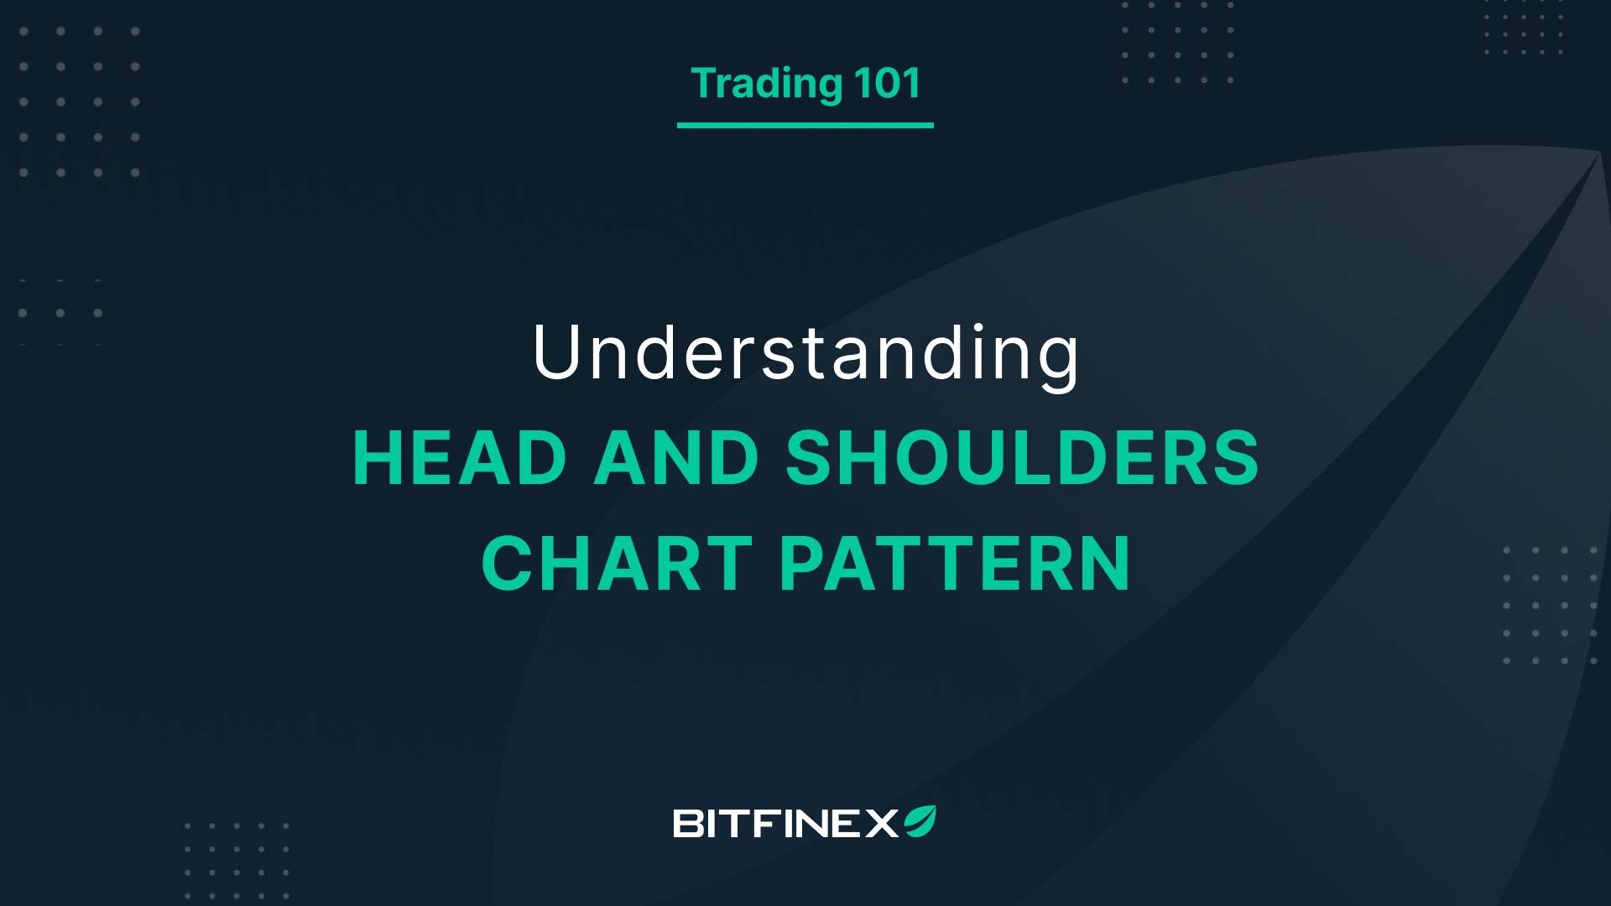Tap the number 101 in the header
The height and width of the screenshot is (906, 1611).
[x=887, y=83]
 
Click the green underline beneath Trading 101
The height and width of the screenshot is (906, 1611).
[x=805, y=125]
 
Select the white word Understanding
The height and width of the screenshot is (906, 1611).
[x=805, y=353]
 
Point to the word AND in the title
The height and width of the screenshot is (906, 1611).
[x=676, y=458]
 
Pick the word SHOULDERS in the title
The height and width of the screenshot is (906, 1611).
[x=1022, y=458]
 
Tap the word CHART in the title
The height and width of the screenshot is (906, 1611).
[x=617, y=564]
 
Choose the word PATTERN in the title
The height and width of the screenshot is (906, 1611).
[x=955, y=564]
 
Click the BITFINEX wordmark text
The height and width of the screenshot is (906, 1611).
[x=785, y=823]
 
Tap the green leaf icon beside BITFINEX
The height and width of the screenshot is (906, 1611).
[x=920, y=821]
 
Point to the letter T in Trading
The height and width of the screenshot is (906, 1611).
[x=705, y=83]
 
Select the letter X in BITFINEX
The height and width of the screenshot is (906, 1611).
[x=882, y=823]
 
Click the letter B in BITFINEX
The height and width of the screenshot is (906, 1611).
[x=688, y=823]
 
